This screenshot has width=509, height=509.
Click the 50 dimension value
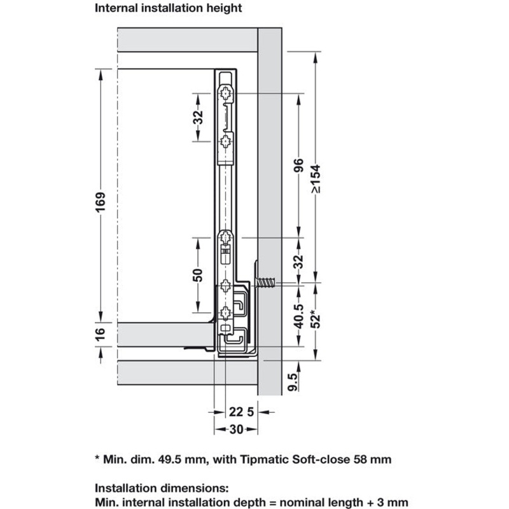[x=198, y=275]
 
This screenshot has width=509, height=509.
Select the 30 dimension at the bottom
[x=235, y=429]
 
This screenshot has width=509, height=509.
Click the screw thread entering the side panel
[x=268, y=281]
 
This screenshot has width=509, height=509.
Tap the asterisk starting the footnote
[x=97, y=457]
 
